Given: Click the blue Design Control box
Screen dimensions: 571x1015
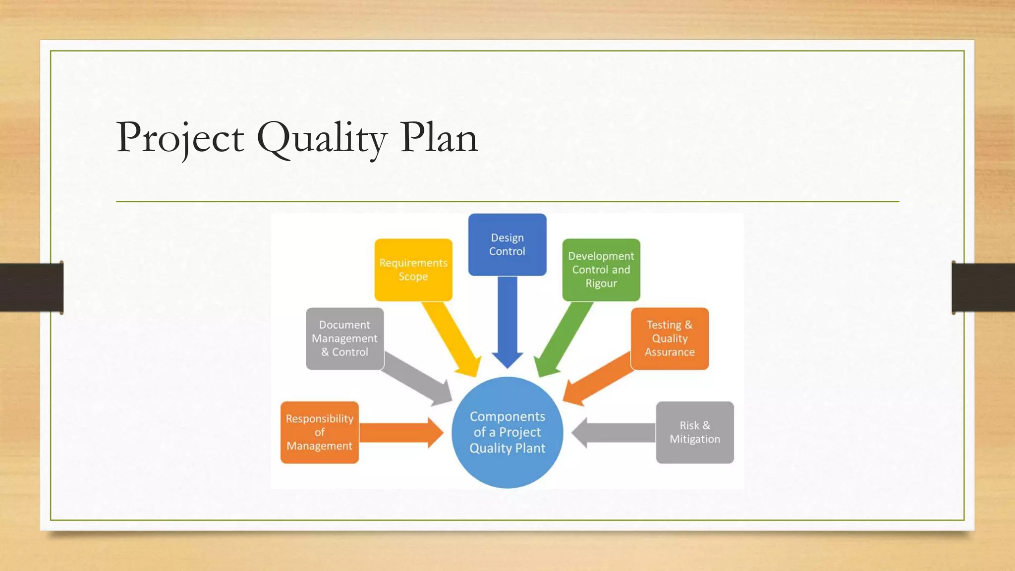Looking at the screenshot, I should (507, 244).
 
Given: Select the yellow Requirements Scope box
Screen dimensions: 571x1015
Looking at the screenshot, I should (413, 270).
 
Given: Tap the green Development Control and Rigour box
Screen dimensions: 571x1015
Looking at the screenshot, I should (601, 270).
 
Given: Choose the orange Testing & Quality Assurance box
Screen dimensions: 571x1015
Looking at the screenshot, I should (669, 339).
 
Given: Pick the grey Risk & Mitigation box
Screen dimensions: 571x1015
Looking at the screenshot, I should (694, 432).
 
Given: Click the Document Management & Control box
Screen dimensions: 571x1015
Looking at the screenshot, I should (344, 339).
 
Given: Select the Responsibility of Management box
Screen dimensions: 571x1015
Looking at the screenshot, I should (319, 432).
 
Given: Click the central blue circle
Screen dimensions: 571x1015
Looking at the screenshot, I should (507, 432).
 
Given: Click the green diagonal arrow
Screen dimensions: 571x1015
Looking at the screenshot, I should (565, 337).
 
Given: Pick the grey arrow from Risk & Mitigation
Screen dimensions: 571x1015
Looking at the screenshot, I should (615, 432).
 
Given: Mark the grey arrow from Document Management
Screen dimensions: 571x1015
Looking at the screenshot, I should (416, 378).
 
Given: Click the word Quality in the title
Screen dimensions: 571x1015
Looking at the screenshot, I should (321, 138).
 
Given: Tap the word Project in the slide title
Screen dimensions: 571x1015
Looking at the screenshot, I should (180, 138).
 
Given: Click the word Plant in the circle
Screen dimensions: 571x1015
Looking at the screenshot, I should (531, 448).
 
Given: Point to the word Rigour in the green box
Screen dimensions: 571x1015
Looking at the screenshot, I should (601, 284).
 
